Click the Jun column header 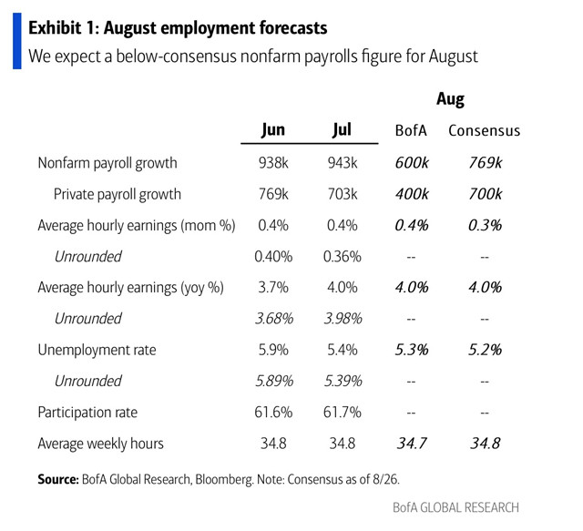pos(273,129)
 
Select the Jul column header pos(342,129)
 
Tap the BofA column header pos(411,130)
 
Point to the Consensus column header pos(484,130)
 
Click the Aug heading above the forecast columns pos(450,99)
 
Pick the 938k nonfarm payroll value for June pos(273,163)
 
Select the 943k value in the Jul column pos(342,163)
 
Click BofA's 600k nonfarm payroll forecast pos(411,163)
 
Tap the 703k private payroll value pos(342,194)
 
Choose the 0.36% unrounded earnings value pos(342,256)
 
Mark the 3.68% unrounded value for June pos(273,319)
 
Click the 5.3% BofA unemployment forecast pos(411,350)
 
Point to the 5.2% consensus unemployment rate pos(484,350)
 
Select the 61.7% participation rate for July pos(342,413)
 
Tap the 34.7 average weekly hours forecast pos(411,444)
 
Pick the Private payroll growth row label pos(118,194)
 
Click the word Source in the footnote pos(56,478)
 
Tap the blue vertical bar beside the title pos(16,41)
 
